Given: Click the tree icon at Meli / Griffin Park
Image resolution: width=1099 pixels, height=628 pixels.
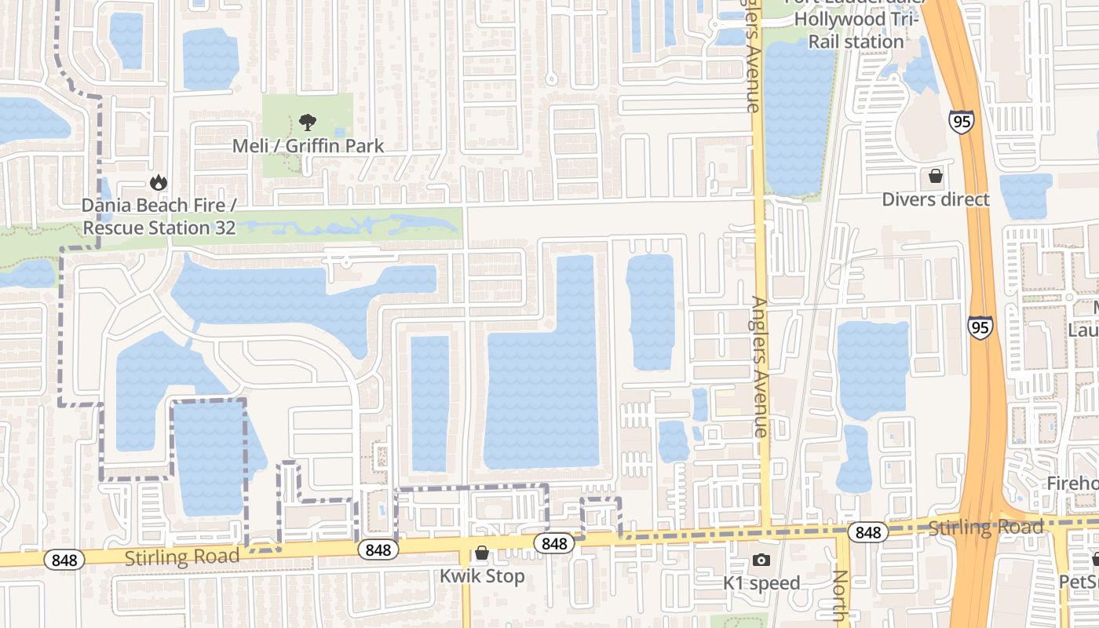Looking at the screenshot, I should [308, 122].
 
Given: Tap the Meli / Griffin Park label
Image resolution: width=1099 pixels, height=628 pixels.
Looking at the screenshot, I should [308, 146].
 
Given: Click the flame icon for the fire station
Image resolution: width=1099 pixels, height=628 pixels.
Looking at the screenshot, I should [159, 183].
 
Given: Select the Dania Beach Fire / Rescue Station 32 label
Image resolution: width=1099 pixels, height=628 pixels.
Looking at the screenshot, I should [159, 217].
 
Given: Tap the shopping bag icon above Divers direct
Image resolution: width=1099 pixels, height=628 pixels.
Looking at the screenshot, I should [935, 175].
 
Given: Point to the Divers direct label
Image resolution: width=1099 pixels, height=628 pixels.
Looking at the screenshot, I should [936, 199].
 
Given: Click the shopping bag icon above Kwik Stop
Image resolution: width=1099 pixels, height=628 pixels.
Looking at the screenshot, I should [482, 553].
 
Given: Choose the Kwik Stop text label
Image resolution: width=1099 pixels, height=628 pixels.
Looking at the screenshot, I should [482, 576].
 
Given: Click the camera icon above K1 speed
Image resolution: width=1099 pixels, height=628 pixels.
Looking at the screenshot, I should [761, 560].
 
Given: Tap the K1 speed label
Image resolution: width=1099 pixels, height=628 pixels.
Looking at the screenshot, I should [761, 583].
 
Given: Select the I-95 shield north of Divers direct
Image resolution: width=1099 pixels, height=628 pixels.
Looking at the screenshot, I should [961, 122].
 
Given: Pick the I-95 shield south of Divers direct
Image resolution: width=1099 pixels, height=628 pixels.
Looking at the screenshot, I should [980, 327].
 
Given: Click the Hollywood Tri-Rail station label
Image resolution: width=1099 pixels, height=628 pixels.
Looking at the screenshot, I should [856, 31].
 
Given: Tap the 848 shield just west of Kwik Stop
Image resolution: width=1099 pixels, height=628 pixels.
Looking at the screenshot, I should [378, 550].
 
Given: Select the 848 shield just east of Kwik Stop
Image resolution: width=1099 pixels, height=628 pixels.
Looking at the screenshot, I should [554, 543].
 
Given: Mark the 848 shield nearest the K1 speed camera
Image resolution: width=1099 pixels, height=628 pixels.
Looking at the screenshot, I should [868, 533].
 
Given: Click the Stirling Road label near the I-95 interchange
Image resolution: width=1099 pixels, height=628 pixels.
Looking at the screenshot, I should [986, 528].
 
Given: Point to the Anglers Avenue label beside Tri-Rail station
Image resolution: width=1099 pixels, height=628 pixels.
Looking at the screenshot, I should [753, 55].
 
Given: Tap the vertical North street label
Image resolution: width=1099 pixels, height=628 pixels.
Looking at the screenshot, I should [840, 597].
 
